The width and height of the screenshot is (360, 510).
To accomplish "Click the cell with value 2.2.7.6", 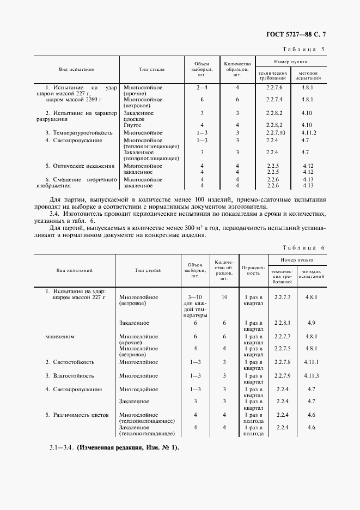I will click(274, 87).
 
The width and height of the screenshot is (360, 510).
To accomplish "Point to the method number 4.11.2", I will click(309, 132).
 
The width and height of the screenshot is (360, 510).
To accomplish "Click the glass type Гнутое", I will click(133, 125).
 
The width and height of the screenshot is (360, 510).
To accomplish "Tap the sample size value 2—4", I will click(202, 87).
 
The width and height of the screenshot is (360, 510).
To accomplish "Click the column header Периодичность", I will click(253, 270).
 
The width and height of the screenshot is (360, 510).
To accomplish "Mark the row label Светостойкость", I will click(73, 362).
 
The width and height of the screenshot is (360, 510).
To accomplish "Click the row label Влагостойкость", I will click(73, 375).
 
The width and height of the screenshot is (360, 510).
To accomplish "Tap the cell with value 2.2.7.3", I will click(283, 297).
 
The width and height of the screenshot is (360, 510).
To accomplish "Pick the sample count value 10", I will click(224, 297).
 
